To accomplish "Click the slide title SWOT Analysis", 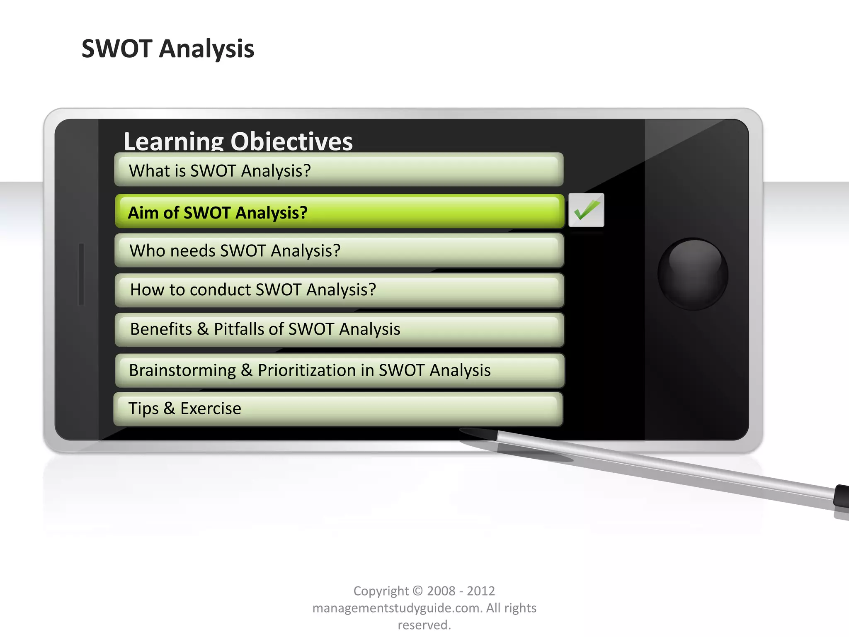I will (x=168, y=49).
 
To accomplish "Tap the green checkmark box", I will (x=586, y=210).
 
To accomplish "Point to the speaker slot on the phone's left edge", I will (x=81, y=275).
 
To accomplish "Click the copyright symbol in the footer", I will (x=418, y=591).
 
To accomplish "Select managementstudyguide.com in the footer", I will (x=397, y=608).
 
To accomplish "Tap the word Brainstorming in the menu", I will (x=182, y=370).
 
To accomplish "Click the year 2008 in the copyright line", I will (x=441, y=591).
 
